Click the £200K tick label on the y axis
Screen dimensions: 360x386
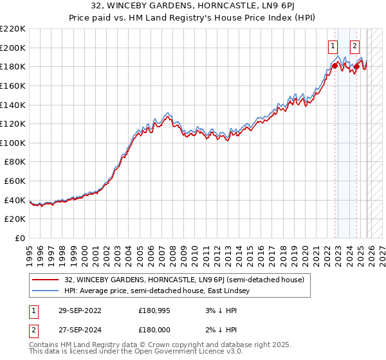[x=13, y=48]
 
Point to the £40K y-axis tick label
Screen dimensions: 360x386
[x=15, y=201]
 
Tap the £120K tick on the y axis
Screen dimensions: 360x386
[x=13, y=124]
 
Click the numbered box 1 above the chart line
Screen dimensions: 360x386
[x=333, y=46]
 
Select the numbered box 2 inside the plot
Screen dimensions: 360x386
[x=354, y=46]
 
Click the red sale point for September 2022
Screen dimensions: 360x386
[x=335, y=65]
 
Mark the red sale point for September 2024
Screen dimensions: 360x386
[x=356, y=66]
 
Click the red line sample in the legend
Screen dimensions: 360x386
[x=46, y=280]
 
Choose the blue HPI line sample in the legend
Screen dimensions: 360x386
[x=46, y=291]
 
